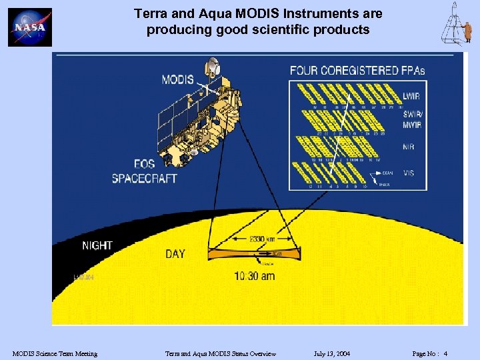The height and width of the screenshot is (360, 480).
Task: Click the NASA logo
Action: (30, 27)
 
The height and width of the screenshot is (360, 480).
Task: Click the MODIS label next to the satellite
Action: (177, 80)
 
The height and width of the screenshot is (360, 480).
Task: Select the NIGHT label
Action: (97, 245)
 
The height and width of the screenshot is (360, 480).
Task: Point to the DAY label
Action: (175, 253)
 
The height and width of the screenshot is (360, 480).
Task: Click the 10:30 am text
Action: (254, 276)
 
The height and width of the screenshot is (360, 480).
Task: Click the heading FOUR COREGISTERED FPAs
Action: (357, 70)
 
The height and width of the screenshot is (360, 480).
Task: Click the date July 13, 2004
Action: (332, 353)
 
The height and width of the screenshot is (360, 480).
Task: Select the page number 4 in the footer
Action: (445, 353)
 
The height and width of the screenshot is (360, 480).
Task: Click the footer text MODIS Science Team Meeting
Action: (55, 353)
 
